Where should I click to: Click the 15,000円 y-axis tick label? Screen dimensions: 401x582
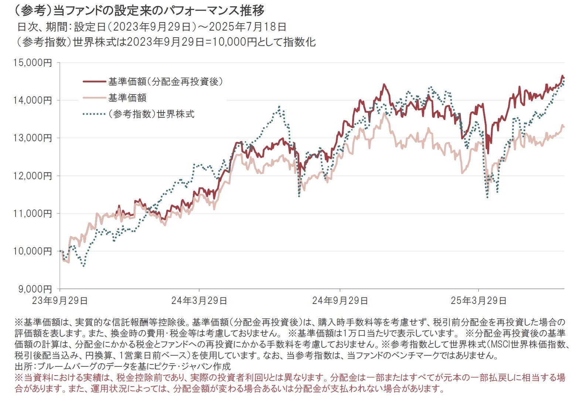[x=33, y=63]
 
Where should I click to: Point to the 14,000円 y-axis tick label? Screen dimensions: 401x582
[x=33, y=100]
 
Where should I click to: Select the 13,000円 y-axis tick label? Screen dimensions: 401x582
[x=33, y=138]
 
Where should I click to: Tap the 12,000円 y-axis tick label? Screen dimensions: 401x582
[x=33, y=176]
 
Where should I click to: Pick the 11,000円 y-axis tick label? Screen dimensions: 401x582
[x=33, y=214]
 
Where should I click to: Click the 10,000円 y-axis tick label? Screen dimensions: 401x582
[x=33, y=251]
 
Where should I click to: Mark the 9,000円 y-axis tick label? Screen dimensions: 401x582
[x=35, y=289]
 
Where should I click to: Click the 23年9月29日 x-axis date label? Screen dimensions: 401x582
[x=60, y=301]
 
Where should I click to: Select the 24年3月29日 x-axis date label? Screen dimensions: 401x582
[x=199, y=301]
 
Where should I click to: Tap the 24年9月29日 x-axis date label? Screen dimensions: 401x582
[x=340, y=301]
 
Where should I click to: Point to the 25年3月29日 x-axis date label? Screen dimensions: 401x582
[x=479, y=301]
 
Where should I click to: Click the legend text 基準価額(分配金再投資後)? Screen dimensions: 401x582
[x=166, y=82]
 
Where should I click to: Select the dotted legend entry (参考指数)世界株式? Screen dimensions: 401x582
[x=151, y=114]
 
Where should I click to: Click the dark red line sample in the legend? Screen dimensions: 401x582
[x=93, y=82]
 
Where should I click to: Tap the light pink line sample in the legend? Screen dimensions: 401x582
[x=93, y=98]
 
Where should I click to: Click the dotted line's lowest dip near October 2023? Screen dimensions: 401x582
[x=84, y=266]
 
